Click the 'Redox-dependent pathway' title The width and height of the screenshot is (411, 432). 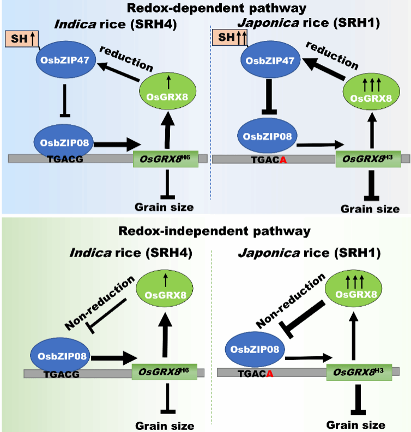205,8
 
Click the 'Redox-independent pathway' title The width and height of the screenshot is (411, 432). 205,230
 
